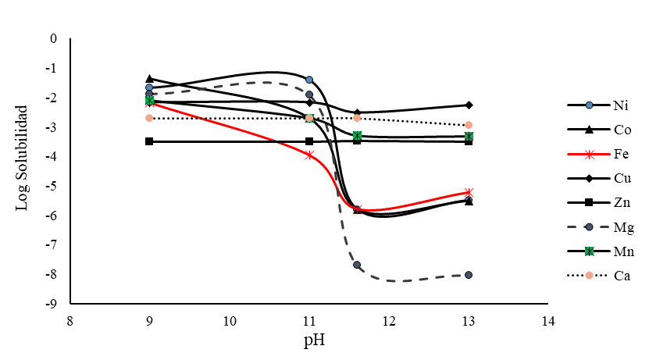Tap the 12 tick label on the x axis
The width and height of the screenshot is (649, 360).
pyautogui.click(x=389, y=321)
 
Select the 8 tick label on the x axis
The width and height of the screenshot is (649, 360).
pyautogui.click(x=70, y=321)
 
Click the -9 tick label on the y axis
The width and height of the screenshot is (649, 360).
pyautogui.click(x=53, y=304)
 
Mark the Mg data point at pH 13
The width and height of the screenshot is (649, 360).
pyautogui.click(x=469, y=275)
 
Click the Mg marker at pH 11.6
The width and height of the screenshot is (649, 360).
pyautogui.click(x=357, y=265)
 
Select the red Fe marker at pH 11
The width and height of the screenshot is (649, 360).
pyautogui.click(x=309, y=155)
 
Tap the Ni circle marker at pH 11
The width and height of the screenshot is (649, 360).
pyautogui.click(x=309, y=80)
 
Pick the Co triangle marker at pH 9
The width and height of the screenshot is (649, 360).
pyautogui.click(x=149, y=78)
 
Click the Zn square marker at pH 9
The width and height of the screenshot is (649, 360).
pyautogui.click(x=149, y=141)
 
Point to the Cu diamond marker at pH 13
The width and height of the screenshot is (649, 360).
pyautogui.click(x=469, y=105)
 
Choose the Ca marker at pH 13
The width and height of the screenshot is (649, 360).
pyautogui.click(x=469, y=125)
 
